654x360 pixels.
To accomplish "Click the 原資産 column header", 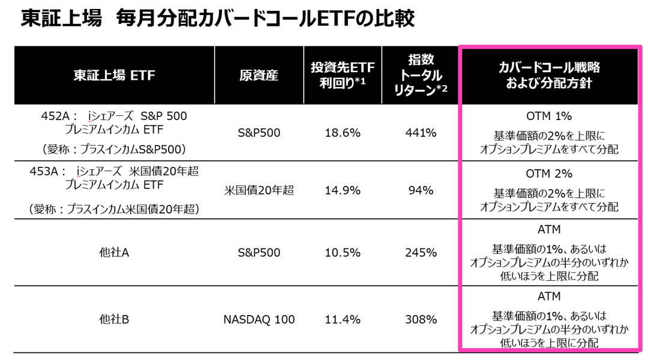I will [x=259, y=76].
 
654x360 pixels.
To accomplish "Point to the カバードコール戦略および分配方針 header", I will [x=549, y=76].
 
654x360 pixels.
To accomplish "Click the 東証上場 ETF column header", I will [x=114, y=76].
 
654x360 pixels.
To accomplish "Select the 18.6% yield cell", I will [x=343, y=133].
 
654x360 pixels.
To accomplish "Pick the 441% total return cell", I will [x=421, y=133].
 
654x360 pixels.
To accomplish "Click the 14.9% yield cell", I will [x=343, y=191].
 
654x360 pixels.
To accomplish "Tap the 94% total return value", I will [x=421, y=191].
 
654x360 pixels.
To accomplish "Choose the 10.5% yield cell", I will [x=343, y=253].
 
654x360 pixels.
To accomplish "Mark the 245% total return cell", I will [x=421, y=253].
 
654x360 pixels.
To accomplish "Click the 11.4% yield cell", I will [x=343, y=320].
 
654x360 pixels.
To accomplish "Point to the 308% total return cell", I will [x=421, y=320].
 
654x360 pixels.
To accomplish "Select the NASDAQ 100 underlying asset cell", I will [x=259, y=320].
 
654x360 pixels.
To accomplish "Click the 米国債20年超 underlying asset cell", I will [x=259, y=191].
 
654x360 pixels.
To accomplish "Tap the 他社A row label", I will [x=114, y=253].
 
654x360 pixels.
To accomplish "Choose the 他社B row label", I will [x=114, y=320].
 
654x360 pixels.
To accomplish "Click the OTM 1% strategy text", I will [x=549, y=116].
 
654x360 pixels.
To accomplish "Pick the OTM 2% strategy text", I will [x=549, y=174].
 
